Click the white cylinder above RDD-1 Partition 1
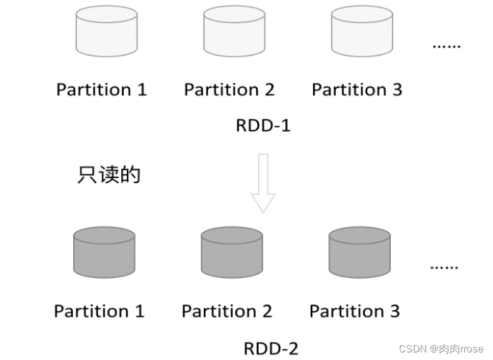click(106, 32)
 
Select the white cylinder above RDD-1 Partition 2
click(233, 32)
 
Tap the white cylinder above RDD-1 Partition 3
click(362, 32)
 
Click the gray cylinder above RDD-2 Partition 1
click(104, 253)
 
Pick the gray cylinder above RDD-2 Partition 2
click(232, 253)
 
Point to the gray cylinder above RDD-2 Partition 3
click(360, 253)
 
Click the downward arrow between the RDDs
click(263, 183)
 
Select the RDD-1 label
click(263, 125)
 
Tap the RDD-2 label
click(271, 348)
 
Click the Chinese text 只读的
click(109, 175)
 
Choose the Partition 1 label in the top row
click(102, 90)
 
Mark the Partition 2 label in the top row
click(229, 90)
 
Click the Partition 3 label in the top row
click(357, 90)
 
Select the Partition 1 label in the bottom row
click(99, 311)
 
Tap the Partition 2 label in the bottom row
click(227, 311)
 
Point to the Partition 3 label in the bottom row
click(354, 311)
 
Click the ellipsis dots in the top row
click(446, 47)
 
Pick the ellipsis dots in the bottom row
click(444, 268)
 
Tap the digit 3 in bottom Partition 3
click(395, 311)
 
